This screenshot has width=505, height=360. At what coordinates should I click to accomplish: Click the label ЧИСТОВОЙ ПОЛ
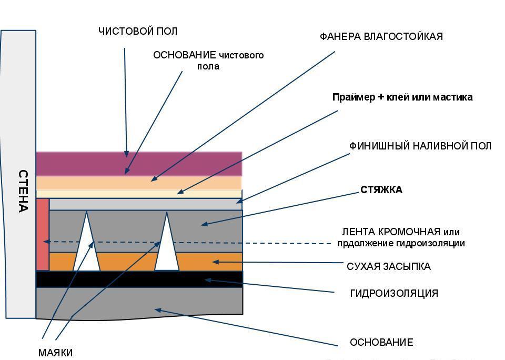[138, 31]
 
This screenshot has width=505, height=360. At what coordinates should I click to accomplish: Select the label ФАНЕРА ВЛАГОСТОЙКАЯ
[381, 36]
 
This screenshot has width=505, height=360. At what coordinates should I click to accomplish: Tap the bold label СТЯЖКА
[381, 190]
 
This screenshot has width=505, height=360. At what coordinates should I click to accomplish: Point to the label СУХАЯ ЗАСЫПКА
[388, 266]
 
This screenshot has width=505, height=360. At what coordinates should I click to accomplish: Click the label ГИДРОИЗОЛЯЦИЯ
[393, 293]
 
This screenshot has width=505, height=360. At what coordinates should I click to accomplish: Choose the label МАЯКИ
[55, 353]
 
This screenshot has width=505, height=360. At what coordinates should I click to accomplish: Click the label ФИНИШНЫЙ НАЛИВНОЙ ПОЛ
[420, 146]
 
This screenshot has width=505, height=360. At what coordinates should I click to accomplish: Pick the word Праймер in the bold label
[353, 97]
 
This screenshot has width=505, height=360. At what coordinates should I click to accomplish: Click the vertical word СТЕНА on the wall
[23, 191]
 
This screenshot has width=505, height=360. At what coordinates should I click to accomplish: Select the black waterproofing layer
[139, 279]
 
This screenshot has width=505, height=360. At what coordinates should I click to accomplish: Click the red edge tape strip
[42, 234]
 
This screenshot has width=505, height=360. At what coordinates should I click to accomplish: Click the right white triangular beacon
[167, 247]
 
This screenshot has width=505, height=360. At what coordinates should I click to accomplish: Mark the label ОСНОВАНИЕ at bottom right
[381, 343]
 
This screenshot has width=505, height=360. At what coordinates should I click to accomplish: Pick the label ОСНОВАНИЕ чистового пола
[208, 61]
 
